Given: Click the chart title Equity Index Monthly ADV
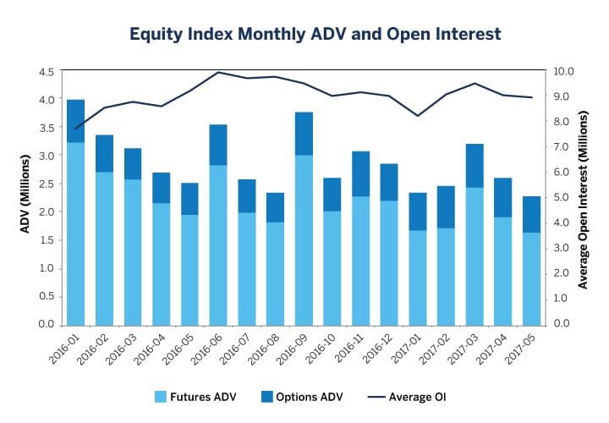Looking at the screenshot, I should [315, 35].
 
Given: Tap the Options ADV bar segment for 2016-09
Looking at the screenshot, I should [304, 134].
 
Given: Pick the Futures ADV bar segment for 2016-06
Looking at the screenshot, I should [218, 244].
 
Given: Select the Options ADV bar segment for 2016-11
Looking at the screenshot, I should [361, 173].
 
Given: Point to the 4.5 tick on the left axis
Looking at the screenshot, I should [46, 71].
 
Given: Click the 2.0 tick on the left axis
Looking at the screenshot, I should [46, 212].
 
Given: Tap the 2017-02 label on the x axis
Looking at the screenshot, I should [431, 349].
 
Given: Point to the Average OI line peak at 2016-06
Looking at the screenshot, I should [218, 72].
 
